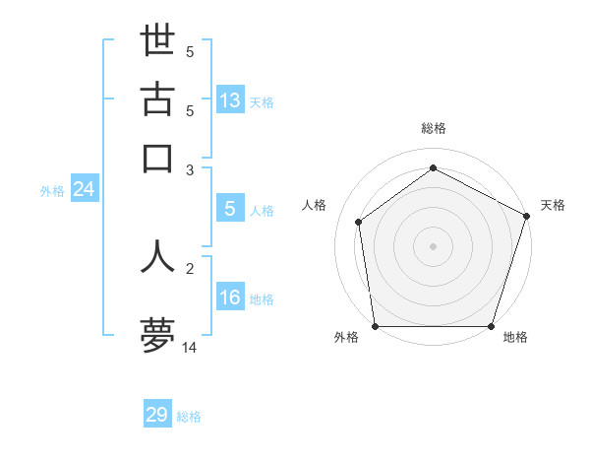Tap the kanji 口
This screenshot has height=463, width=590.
tap(157, 158)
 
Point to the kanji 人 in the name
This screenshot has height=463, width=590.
tap(157, 255)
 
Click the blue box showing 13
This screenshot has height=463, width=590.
tap(230, 100)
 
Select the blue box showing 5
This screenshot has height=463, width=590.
tap(230, 209)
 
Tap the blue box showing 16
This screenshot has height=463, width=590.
tap(230, 298)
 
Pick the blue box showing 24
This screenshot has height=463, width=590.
tap(84, 190)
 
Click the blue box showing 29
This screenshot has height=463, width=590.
tap(157, 415)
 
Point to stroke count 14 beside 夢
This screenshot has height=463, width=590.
tap(190, 347)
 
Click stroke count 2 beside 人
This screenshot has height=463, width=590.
tap(190, 268)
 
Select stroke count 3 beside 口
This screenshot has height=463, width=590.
tap(190, 169)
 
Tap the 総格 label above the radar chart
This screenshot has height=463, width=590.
tap(433, 128)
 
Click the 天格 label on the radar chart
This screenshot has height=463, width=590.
tap(553, 205)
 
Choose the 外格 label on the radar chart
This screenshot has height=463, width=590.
tap(346, 338)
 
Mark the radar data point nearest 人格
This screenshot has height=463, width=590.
tap(359, 222)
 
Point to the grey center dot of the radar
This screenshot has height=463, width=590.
tap(433, 245)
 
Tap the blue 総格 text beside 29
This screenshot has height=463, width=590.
tap(189, 417)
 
